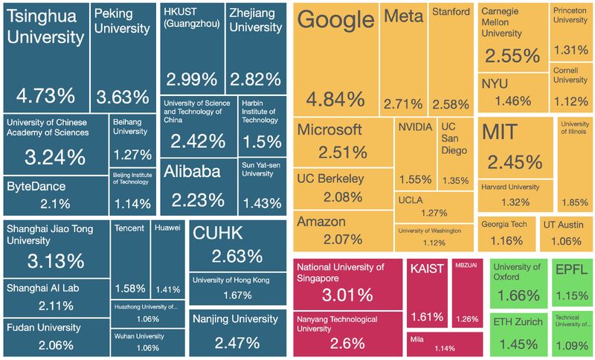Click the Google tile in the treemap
tap(336, 60)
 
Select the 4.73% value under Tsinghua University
tap(45, 95)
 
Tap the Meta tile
tap(404, 60)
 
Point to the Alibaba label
tap(191, 172)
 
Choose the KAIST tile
tap(427, 293)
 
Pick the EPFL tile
tap(571, 282)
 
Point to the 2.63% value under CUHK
tap(237, 256)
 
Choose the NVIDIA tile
tap(414, 153)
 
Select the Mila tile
tap(444, 343)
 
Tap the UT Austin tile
tap(565, 232)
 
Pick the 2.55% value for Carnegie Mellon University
tap(512, 56)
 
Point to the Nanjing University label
tap(235, 319)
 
